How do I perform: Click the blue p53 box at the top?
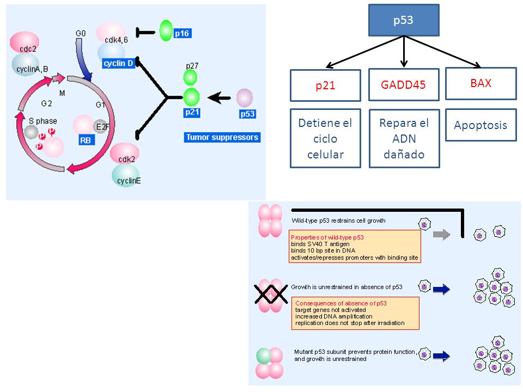(x=404, y=20)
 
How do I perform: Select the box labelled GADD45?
(x=404, y=85)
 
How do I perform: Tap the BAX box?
(x=481, y=83)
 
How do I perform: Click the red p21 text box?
(x=325, y=85)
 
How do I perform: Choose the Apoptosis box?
(x=481, y=125)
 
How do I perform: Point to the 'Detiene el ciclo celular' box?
(x=325, y=138)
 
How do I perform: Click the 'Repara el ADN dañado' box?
(x=404, y=139)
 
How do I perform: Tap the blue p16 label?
(x=182, y=33)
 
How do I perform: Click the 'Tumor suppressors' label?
(x=222, y=137)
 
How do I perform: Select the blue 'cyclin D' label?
(x=118, y=63)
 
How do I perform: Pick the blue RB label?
(x=86, y=140)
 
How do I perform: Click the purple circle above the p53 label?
(x=245, y=98)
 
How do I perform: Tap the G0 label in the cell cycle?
(x=81, y=33)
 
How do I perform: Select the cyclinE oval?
(x=127, y=176)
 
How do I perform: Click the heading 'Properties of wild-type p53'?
(x=327, y=237)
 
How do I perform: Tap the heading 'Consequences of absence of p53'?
(x=341, y=303)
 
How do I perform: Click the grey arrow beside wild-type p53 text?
(x=442, y=235)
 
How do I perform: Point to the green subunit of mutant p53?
(x=264, y=356)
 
